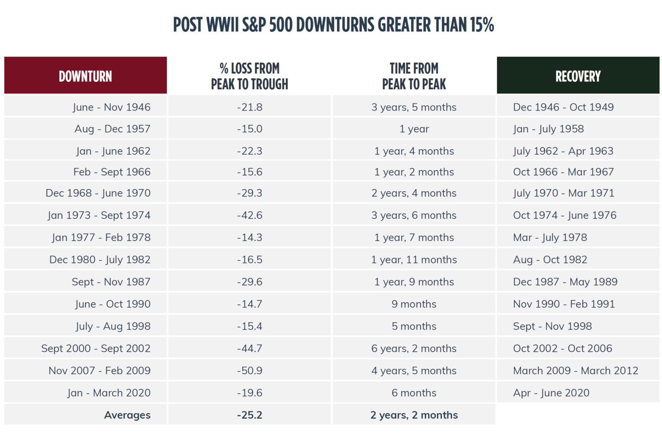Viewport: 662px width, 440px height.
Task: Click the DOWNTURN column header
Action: [x=85, y=76]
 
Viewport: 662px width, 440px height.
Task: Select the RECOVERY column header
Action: [x=578, y=76]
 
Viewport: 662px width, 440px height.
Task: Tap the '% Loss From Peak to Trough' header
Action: [x=250, y=76]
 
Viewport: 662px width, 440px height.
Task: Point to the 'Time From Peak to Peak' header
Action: [x=414, y=76]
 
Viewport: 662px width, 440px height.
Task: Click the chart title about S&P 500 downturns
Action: [x=333, y=25]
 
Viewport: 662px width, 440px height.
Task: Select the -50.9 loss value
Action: [x=250, y=371]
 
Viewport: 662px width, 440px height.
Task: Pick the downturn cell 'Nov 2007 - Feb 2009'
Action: [x=100, y=371]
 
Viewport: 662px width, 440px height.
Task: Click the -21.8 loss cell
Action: [x=250, y=107]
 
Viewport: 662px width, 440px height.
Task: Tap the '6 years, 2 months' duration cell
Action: [x=414, y=348]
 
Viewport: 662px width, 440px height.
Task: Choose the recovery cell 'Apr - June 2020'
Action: [x=551, y=393]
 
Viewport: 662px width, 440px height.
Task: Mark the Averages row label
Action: [x=127, y=415]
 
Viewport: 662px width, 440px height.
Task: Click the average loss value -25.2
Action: [x=250, y=415]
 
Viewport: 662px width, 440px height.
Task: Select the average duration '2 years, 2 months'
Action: [x=414, y=415]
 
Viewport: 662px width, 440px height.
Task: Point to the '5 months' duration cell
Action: [x=414, y=326]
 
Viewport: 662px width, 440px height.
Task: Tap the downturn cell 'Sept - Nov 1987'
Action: [x=111, y=282]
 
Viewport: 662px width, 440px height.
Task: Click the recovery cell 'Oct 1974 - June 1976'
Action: [x=565, y=215]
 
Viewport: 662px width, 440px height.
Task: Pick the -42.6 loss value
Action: [x=250, y=215]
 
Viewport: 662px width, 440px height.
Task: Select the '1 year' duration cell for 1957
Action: [x=414, y=129]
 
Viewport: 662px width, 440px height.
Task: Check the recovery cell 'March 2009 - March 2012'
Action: [x=575, y=371]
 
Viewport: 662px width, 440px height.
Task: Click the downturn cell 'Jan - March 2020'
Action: [x=109, y=393]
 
